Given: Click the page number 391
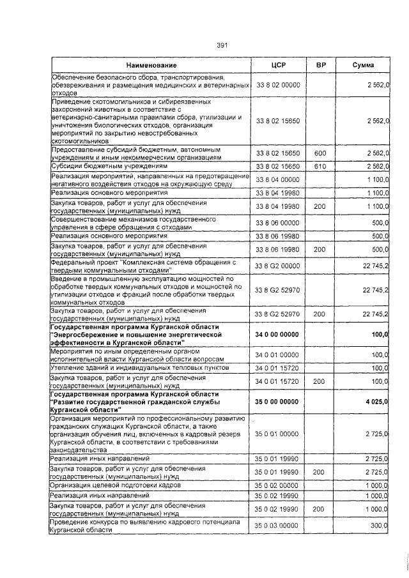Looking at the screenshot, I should [222, 45].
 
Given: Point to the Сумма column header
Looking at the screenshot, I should [363, 66].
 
